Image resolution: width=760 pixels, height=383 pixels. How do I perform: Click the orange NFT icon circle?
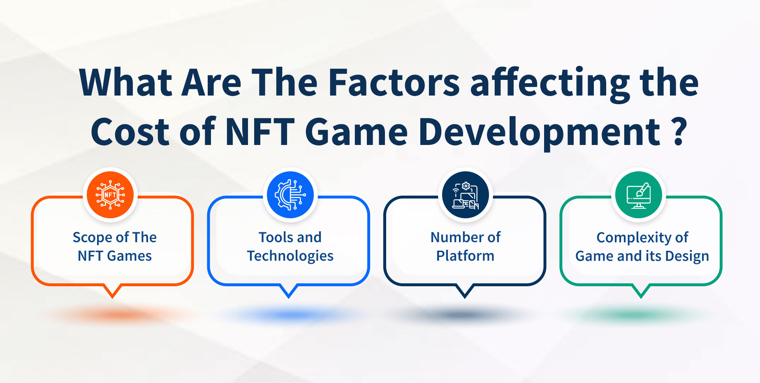[x=110, y=195]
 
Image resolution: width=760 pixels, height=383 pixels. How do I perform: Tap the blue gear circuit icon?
[x=290, y=195]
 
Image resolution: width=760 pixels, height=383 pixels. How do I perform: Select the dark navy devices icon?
[x=466, y=195]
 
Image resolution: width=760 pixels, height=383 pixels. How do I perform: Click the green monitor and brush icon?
[x=639, y=195]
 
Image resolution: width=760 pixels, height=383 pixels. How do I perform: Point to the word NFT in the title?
[x=260, y=132]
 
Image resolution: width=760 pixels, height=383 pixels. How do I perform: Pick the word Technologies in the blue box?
[x=290, y=256]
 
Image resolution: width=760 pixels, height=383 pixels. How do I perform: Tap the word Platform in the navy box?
[x=465, y=256]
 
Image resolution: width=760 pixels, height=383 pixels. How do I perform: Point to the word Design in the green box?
[x=687, y=256]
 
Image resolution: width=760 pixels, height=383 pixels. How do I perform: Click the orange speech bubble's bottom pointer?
[x=112, y=291]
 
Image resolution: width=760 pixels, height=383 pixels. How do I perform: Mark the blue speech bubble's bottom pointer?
[x=289, y=291]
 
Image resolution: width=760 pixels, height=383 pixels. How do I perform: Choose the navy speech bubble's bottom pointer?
[x=465, y=291]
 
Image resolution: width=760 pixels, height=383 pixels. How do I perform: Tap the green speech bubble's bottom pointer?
[x=641, y=291]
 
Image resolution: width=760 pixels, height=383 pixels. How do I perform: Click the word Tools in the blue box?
[x=276, y=237]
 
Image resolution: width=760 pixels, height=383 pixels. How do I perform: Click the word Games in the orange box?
[x=129, y=256]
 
